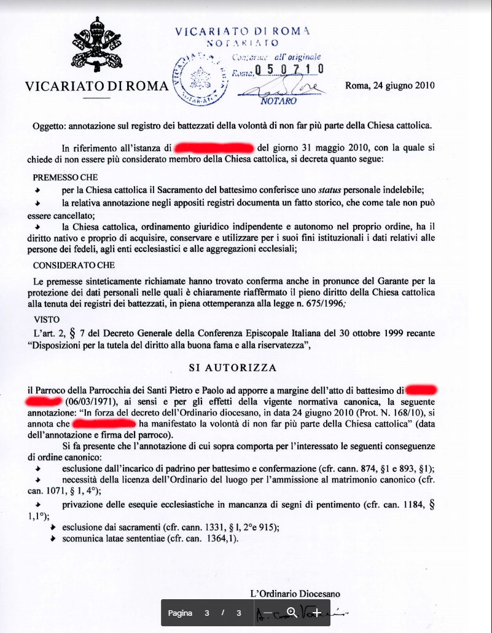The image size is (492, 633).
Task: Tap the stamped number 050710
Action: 289,69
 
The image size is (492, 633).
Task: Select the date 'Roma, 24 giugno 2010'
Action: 390,85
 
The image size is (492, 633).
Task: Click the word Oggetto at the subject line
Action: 50,126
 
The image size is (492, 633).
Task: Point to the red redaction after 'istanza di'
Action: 214,148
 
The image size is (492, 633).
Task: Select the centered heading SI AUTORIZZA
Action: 232,368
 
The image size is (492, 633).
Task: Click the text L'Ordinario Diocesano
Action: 295,594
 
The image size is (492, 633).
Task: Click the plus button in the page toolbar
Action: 316,613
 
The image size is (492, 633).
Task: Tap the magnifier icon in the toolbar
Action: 292,613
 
